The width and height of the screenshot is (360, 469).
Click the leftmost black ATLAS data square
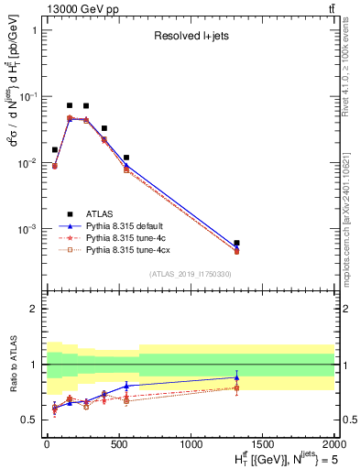tap(55, 149)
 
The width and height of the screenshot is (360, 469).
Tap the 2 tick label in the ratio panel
tap(34, 309)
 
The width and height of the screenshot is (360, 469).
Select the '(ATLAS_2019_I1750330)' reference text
tap(191, 274)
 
